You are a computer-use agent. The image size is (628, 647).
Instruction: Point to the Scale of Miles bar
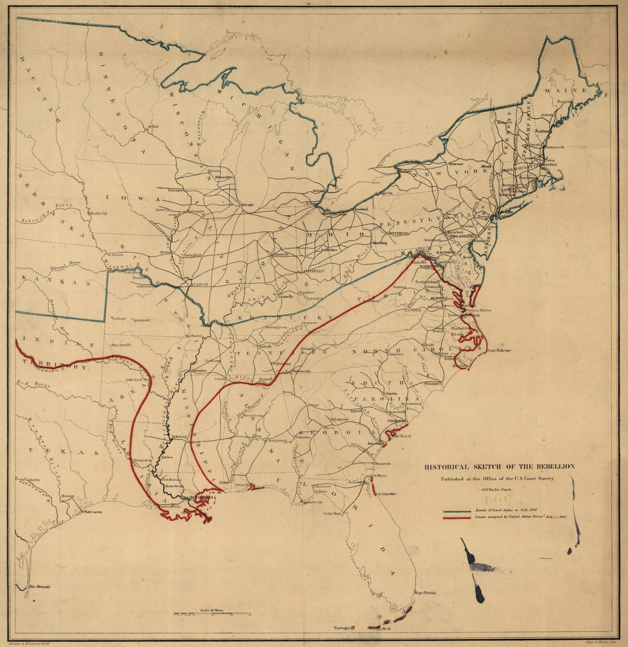212,614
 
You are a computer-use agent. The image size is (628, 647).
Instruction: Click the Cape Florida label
425,593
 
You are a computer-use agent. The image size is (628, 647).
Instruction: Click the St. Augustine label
386,493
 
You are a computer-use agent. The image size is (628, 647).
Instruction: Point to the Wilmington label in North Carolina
433,384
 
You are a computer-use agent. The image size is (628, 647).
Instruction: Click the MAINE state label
565,91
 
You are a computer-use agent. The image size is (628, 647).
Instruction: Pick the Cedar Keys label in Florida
333,513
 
